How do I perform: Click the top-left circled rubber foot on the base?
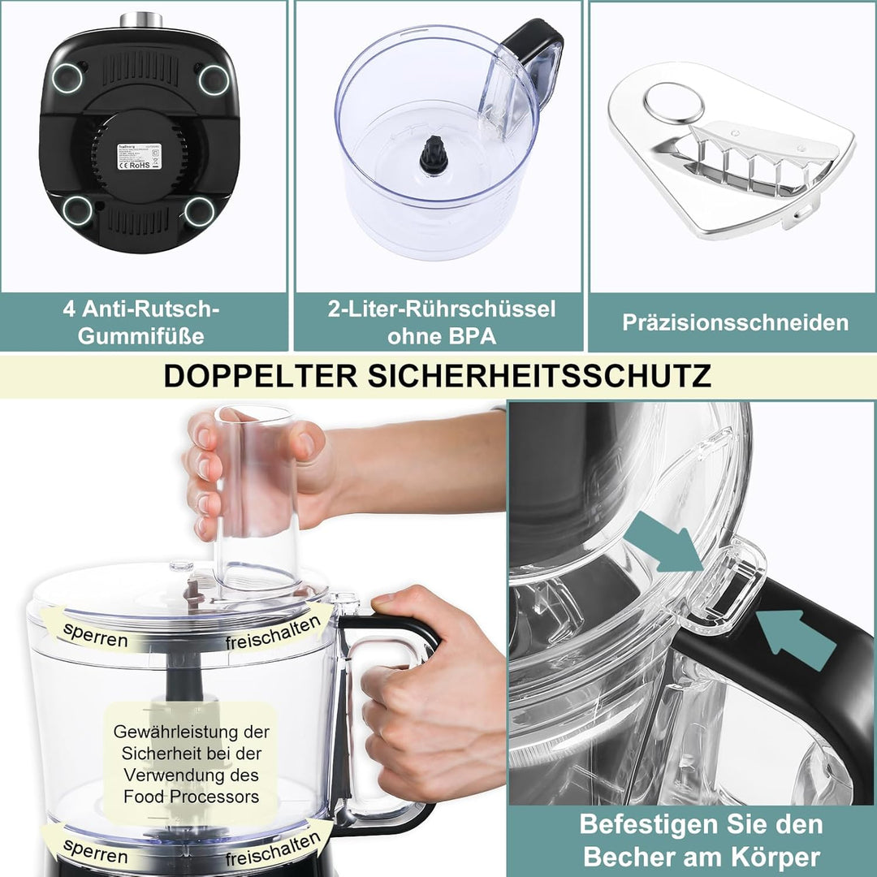[67, 78]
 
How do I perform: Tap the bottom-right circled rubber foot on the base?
[199, 212]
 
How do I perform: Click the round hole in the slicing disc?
[674, 103]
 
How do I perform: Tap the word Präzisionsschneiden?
[735, 322]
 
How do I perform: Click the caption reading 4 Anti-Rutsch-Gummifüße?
[141, 322]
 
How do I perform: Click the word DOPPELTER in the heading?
[260, 376]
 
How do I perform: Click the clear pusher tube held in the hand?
[256, 495]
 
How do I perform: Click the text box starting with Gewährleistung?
[191, 764]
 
